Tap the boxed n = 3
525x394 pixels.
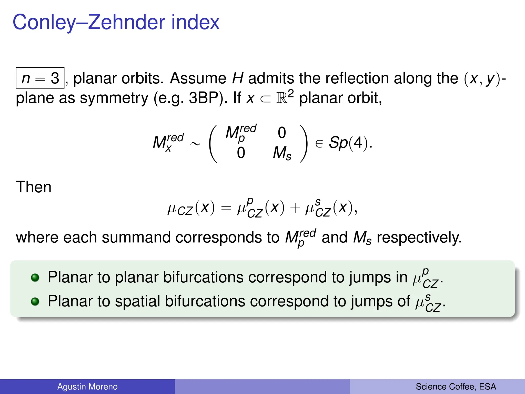point(40,78)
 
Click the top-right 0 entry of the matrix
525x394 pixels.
point(282,133)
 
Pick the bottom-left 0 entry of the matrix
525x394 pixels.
point(241,153)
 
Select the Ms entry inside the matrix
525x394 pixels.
point(282,153)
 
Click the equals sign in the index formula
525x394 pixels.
point(226,208)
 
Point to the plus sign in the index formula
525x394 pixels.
point(295,208)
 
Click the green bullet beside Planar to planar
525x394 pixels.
point(35,277)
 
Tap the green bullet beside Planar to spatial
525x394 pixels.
point(35,301)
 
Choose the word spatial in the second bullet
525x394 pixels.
point(137,301)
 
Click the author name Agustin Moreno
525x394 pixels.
point(87,387)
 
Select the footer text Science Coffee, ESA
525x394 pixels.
point(456,387)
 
